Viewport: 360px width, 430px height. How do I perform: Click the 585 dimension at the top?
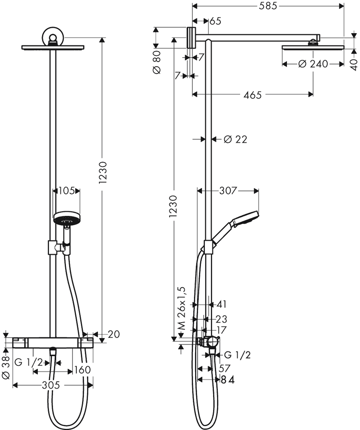click(268, 6)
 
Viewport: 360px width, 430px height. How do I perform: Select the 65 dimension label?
click(216, 21)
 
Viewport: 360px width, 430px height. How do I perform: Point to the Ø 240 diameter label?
click(313, 64)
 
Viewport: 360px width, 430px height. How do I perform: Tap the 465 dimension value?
click(253, 95)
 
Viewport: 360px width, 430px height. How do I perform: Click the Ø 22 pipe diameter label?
click(235, 139)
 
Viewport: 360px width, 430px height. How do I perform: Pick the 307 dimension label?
click(228, 190)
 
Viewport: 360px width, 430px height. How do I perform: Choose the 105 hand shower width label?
click(66, 190)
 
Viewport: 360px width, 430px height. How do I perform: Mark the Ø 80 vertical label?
click(157, 62)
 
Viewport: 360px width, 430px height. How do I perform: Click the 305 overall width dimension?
click(51, 385)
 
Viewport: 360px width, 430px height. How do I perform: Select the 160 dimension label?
click(82, 370)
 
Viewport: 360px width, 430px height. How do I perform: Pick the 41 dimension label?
click(222, 304)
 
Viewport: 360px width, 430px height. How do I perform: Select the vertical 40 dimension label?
click(354, 65)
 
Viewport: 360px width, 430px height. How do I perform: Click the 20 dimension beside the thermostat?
click(114, 334)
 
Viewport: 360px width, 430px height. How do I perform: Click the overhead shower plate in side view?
click(313, 47)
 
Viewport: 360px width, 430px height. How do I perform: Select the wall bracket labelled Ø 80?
click(191, 37)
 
